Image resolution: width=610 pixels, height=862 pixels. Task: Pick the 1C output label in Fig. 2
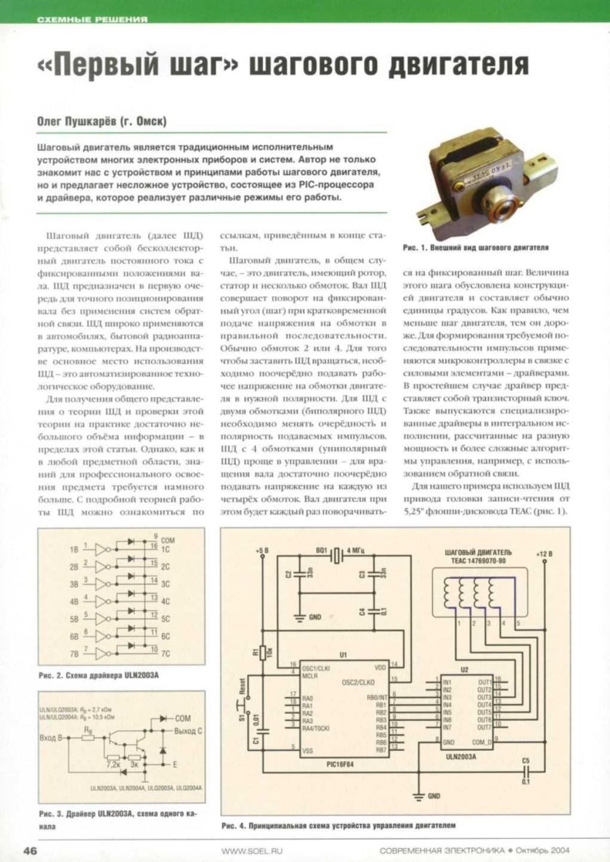(166, 550)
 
